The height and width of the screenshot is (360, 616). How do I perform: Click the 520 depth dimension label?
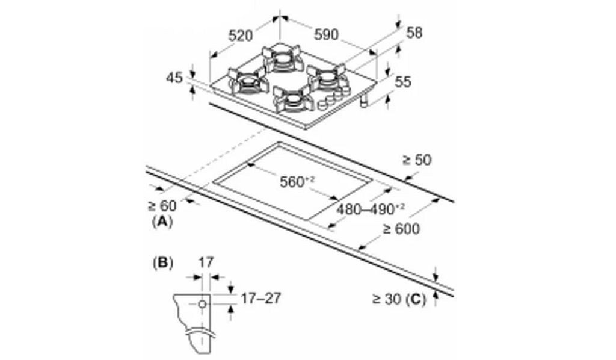[x=241, y=36]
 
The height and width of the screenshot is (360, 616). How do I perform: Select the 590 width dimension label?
[x=326, y=34]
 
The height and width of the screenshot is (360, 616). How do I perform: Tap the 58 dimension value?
[x=414, y=33]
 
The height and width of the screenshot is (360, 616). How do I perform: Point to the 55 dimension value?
[x=402, y=82]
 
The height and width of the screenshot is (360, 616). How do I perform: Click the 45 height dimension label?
[x=175, y=78]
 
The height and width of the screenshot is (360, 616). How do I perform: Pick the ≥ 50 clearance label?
[x=417, y=160]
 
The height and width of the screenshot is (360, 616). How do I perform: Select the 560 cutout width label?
[x=297, y=182]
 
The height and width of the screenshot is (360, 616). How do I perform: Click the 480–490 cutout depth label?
[x=371, y=209]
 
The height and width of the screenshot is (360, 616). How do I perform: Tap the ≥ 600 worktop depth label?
[x=401, y=228]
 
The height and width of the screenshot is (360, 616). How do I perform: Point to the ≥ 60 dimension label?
[x=162, y=205]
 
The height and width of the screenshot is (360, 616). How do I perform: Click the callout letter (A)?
[x=162, y=222]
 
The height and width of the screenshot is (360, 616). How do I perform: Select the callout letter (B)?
[x=162, y=263]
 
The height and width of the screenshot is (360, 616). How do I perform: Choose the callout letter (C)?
[x=416, y=299]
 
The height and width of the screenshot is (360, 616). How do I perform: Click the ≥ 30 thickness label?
[x=387, y=299]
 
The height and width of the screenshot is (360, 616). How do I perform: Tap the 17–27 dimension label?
[x=261, y=299]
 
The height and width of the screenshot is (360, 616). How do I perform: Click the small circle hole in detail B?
[x=202, y=304]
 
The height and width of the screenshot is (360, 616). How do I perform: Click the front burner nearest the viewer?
[x=294, y=100]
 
